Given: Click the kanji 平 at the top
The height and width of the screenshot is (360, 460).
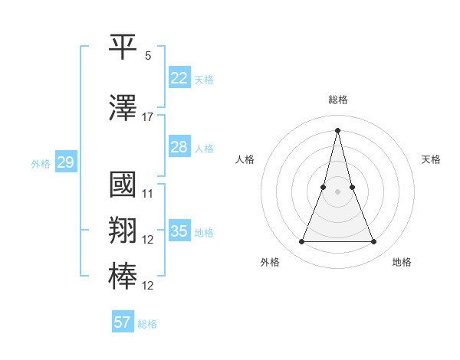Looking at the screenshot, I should pyautogui.click(x=123, y=50).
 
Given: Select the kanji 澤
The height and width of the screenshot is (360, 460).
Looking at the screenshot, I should pyautogui.click(x=123, y=109).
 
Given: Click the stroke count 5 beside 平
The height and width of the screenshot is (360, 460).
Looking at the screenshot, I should pyautogui.click(x=148, y=56).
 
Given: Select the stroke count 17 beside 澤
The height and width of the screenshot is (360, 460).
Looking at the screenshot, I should pyautogui.click(x=148, y=117).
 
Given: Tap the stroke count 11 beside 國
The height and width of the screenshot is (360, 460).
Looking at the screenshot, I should pyautogui.click(x=148, y=193).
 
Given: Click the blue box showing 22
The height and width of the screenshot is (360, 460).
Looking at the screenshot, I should pyautogui.click(x=179, y=78).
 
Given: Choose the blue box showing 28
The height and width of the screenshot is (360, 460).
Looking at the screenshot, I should pyautogui.click(x=179, y=147).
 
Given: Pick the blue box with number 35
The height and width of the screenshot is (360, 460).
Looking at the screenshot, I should pyautogui.click(x=179, y=231).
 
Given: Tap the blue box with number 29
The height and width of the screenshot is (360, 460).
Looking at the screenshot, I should pyautogui.click(x=65, y=162).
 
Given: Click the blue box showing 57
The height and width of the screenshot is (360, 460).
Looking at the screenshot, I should pyautogui.click(x=122, y=322).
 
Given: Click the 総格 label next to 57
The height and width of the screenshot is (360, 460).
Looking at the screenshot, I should pyautogui.click(x=147, y=324).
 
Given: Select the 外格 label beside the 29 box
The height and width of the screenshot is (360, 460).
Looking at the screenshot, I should pyautogui.click(x=41, y=163).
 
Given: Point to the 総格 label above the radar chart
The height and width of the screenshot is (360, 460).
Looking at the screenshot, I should pyautogui.click(x=337, y=100).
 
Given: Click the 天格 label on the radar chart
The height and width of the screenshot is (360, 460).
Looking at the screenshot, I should pyautogui.click(x=432, y=159).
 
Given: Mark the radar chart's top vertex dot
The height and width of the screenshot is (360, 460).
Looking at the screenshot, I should pyautogui.click(x=337, y=129).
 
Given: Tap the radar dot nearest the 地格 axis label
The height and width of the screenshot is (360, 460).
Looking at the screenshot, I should pyautogui.click(x=374, y=242).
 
